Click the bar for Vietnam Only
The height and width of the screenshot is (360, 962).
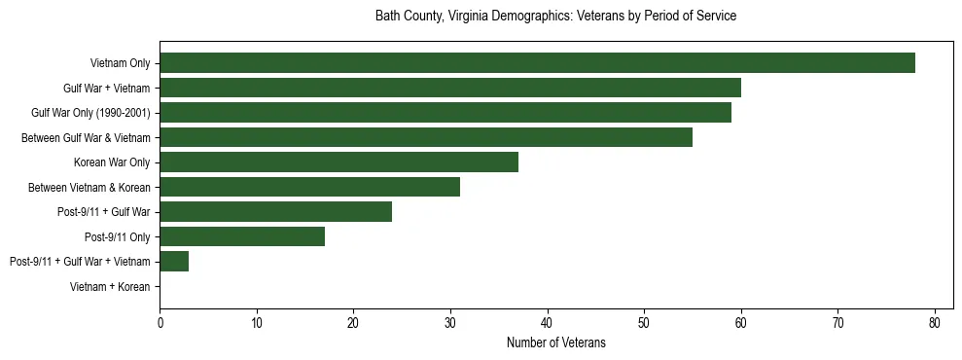[537, 63]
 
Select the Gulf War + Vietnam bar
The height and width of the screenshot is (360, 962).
[449, 89]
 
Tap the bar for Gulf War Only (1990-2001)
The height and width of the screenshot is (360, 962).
[445, 113]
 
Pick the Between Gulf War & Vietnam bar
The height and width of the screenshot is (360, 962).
[425, 138]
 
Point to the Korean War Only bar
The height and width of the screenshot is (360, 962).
[338, 162]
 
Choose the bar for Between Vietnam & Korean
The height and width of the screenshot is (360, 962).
[309, 187]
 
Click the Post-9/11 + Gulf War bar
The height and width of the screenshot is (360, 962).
[275, 212]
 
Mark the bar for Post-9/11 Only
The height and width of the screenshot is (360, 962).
[241, 236]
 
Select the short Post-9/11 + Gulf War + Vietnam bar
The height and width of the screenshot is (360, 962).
[173, 262]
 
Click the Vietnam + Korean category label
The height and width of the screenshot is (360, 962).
[110, 287]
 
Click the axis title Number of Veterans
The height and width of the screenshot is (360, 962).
[555, 342]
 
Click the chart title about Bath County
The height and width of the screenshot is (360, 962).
[555, 17]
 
